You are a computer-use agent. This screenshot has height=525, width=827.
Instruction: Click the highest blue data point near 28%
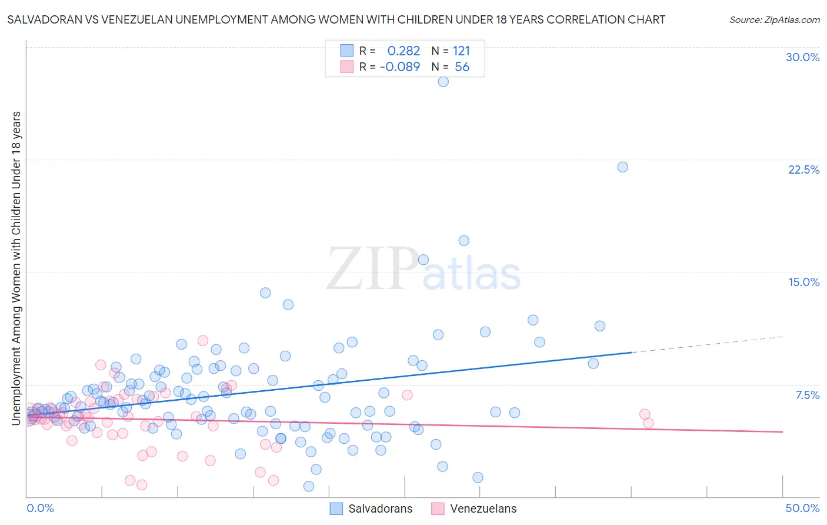[443, 82]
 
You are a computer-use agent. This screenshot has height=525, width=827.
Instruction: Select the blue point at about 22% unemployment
[622, 167]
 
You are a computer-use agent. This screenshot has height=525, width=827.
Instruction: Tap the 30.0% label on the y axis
[802, 57]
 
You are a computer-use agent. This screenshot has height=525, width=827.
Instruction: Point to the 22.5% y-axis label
[803, 170]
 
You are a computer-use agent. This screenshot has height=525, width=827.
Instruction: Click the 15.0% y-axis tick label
[803, 282]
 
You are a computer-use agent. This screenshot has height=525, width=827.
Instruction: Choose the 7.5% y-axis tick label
[807, 395]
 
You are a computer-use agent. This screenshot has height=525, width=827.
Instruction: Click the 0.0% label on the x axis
[40, 508]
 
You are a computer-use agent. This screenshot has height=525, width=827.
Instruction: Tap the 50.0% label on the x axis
[802, 508]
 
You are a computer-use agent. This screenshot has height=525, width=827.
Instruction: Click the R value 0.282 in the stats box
[404, 51]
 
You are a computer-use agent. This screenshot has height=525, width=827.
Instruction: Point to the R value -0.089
[400, 67]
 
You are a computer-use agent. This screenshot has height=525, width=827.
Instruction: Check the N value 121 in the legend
[461, 51]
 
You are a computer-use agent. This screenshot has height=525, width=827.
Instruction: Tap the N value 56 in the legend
[462, 67]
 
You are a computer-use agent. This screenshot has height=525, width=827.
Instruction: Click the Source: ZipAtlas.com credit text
[774, 19]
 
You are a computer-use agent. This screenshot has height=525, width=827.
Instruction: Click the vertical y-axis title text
[16, 268]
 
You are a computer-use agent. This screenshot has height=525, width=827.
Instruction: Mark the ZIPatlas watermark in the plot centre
[423, 270]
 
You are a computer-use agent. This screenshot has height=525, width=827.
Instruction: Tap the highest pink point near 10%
[203, 340]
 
